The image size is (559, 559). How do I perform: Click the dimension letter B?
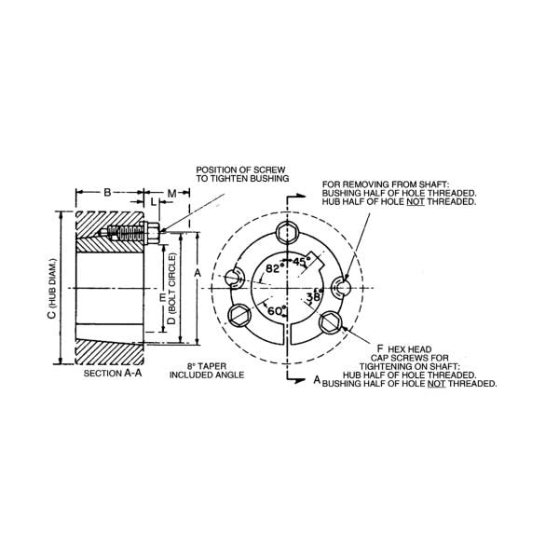point(107,192)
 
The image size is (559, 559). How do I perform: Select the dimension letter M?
point(172,192)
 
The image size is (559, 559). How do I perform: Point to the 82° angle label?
point(274,267)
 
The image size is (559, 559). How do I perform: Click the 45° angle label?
point(301,262)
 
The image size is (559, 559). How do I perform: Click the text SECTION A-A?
point(113,373)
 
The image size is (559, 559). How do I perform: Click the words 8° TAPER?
point(194,367)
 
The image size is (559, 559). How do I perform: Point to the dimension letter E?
point(162,297)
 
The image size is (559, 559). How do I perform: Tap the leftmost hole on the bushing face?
point(234,277)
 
